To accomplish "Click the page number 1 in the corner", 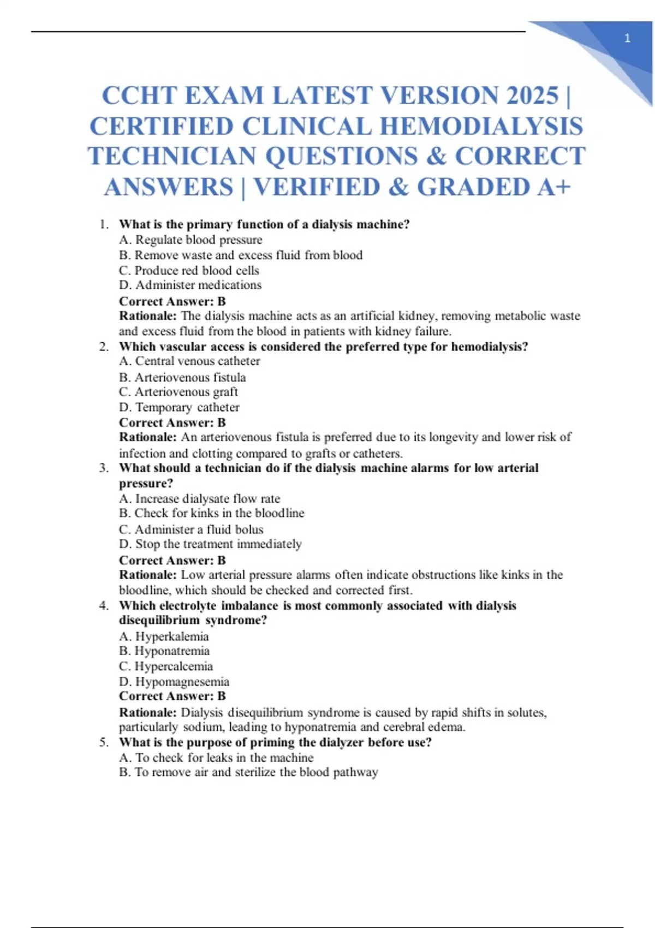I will (x=627, y=38).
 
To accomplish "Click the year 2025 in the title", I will (x=532, y=96).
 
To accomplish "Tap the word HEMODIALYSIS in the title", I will (x=481, y=127).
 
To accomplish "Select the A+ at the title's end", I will (x=554, y=187).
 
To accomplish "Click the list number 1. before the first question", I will (x=104, y=224).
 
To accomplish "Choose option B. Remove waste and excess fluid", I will (x=241, y=255).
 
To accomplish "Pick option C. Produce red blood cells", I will (x=189, y=270).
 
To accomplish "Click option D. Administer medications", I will (x=190, y=285).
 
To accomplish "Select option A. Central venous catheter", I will (x=189, y=361).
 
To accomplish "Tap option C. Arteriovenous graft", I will (x=178, y=392).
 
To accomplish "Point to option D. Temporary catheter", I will (x=179, y=407).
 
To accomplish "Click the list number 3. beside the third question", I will (x=104, y=468).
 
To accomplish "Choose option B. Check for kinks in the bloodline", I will (x=212, y=513).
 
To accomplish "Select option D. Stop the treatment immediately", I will (x=210, y=544).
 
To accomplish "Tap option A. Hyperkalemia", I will (x=164, y=636).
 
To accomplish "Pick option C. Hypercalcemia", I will (x=166, y=667).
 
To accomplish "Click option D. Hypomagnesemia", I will (x=174, y=682).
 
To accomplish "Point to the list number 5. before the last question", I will (x=104, y=742).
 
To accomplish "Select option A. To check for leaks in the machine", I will (x=216, y=758).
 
